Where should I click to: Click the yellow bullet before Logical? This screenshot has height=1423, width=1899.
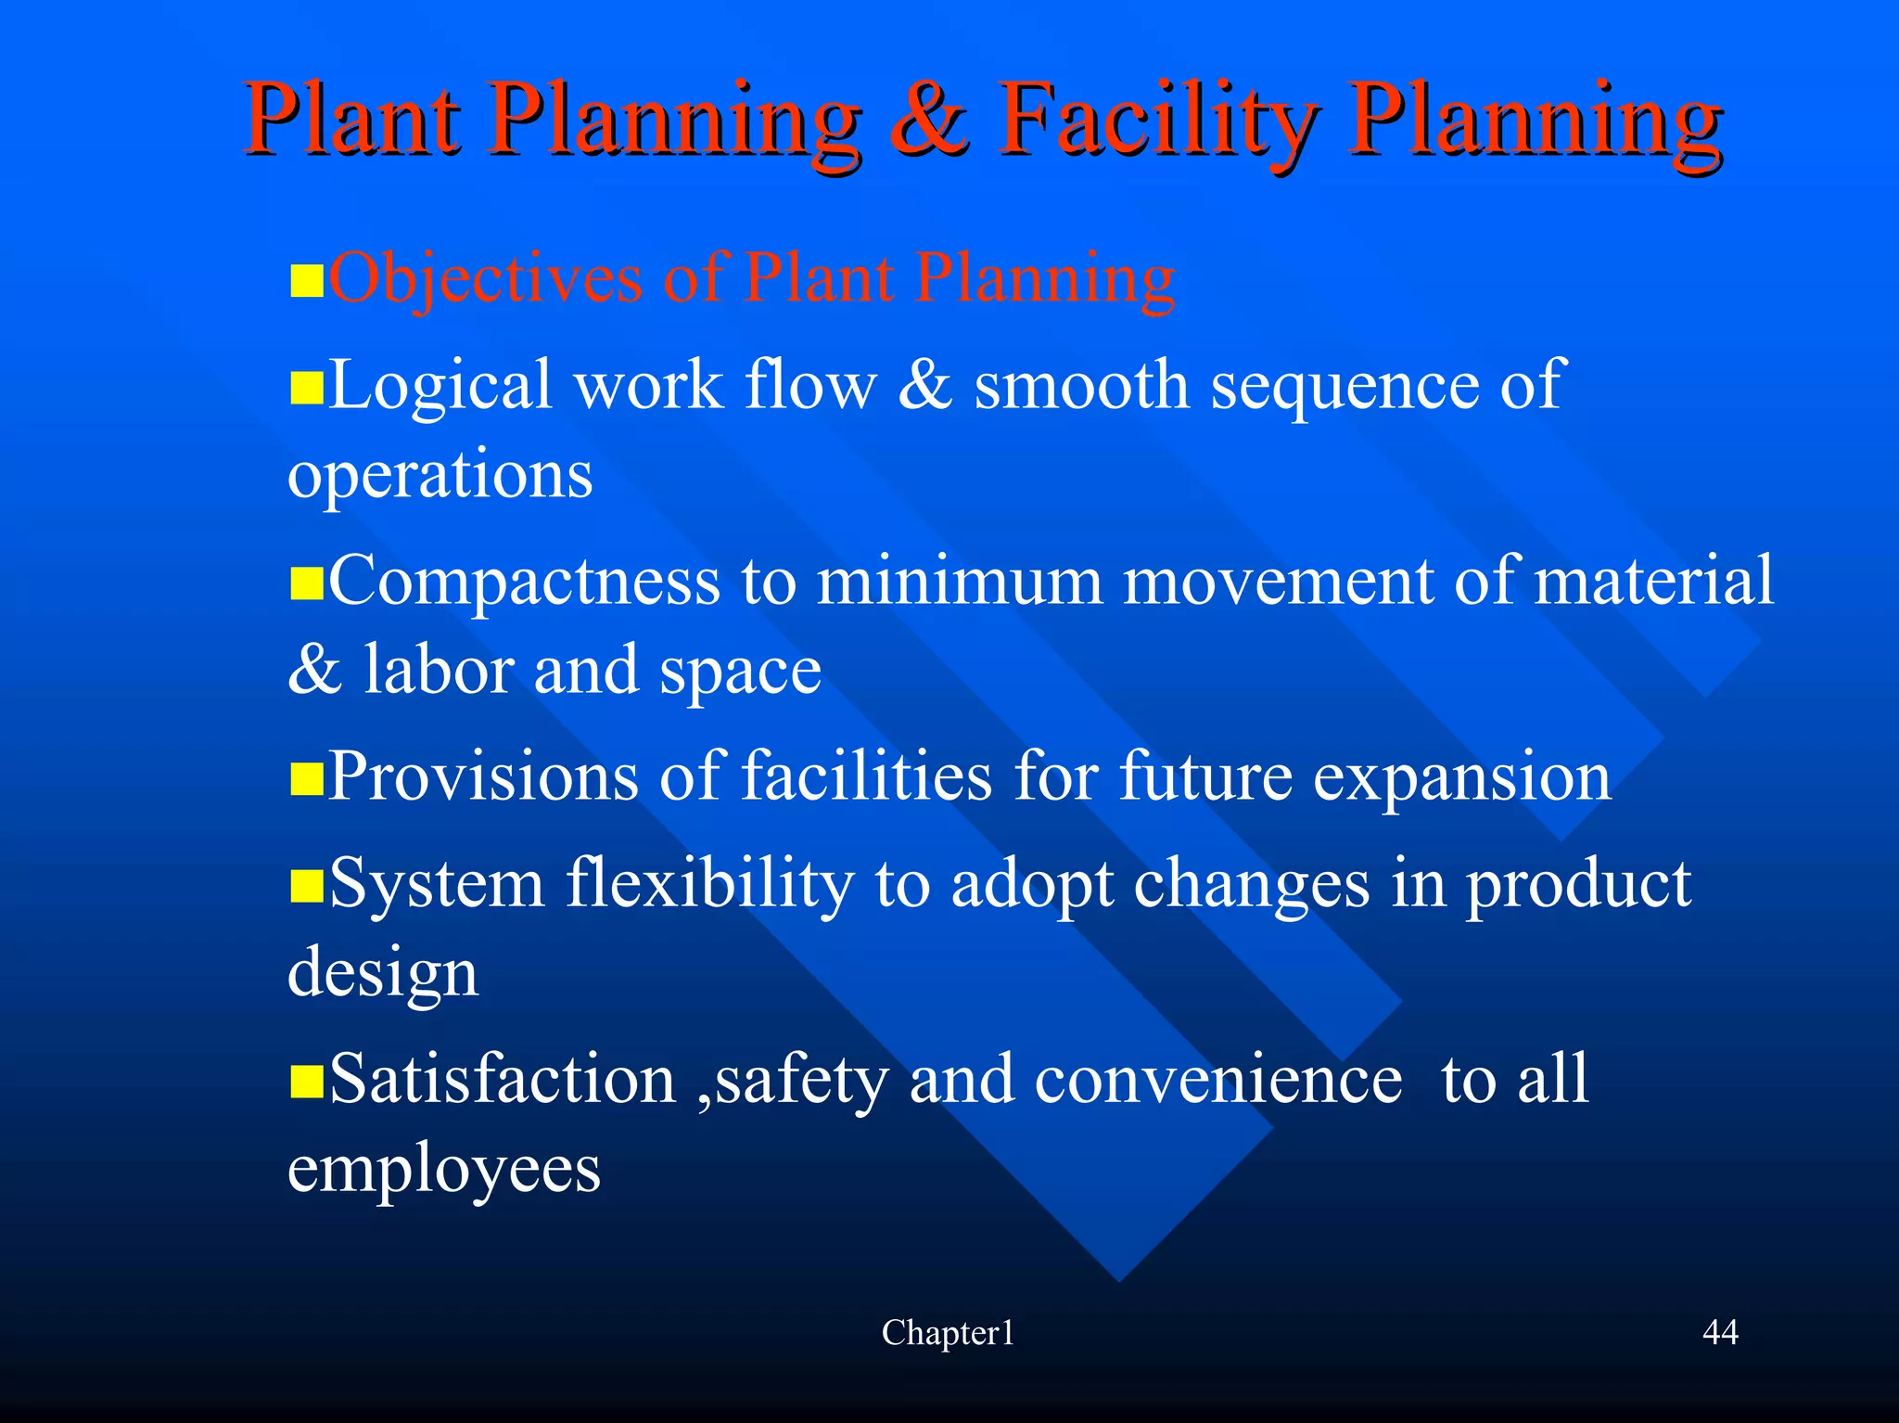pyautogui.click(x=306, y=389)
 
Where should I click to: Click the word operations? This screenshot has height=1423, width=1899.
pyautogui.click(x=440, y=475)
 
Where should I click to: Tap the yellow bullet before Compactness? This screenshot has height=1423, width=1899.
pyautogui.click(x=306, y=584)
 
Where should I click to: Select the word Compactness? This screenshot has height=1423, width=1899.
pyautogui.click(x=524, y=582)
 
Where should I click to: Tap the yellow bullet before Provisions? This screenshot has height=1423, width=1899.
pyautogui.click(x=306, y=780)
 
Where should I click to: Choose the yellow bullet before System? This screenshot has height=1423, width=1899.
pyautogui.click(x=306, y=887)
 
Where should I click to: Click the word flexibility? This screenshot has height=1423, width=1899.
pyautogui.click(x=709, y=884)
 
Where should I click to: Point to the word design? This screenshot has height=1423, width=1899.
pyautogui.click(x=383, y=973)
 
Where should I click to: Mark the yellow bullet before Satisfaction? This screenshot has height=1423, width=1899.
pyautogui.click(x=306, y=1082)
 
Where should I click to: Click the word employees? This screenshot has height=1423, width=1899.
pyautogui.click(x=444, y=1170)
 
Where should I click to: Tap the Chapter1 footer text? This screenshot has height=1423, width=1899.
pyautogui.click(x=948, y=1333)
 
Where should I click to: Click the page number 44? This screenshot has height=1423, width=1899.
pyautogui.click(x=1720, y=1332)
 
